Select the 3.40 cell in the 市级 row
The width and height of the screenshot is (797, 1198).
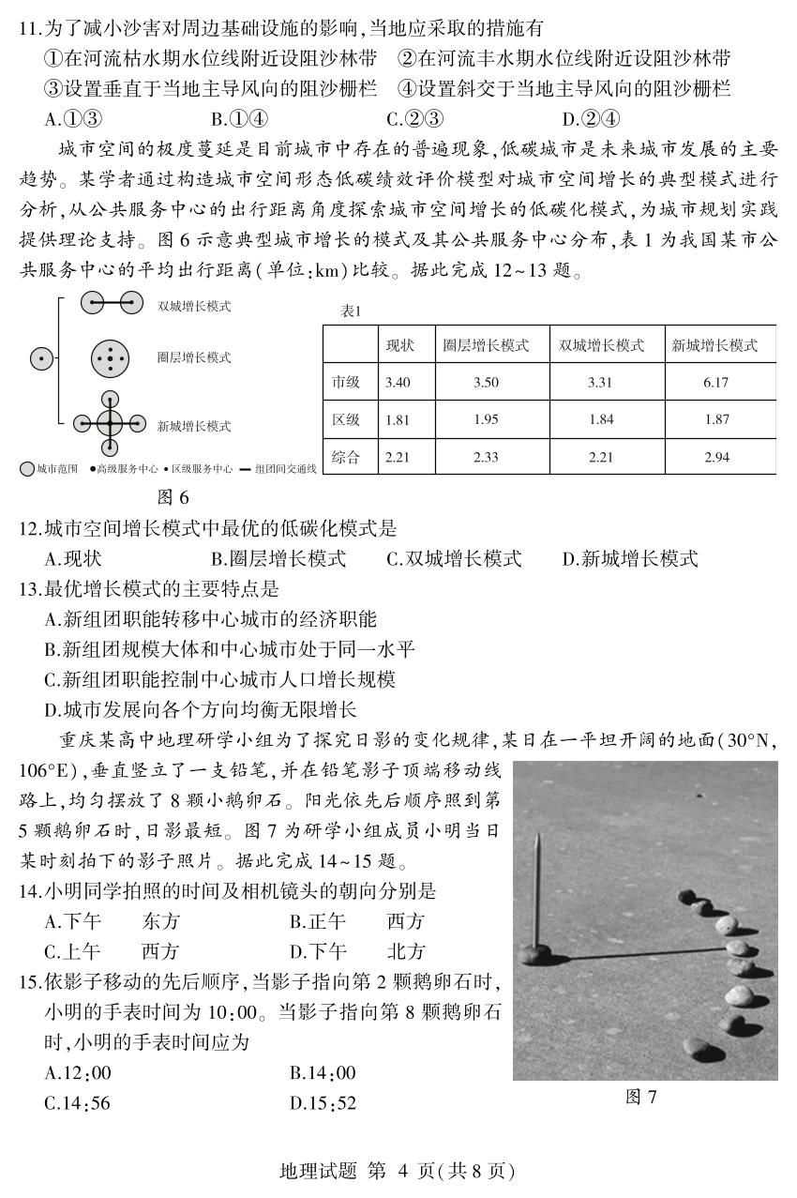(x=398, y=382)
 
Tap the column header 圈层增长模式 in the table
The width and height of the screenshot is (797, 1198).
(x=486, y=345)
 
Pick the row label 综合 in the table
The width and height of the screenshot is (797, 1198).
(x=346, y=457)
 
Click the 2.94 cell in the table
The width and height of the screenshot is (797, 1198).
(x=716, y=457)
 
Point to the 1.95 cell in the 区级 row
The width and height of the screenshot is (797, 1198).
(x=486, y=419)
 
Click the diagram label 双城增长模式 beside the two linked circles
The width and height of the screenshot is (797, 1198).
(x=194, y=306)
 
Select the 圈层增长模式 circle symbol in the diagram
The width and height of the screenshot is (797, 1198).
(x=110, y=358)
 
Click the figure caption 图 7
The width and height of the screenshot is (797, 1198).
(x=641, y=1097)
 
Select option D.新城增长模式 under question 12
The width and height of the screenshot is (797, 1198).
(x=630, y=559)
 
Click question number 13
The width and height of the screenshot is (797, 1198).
(x=28, y=589)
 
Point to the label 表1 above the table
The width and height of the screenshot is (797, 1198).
(x=351, y=311)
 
